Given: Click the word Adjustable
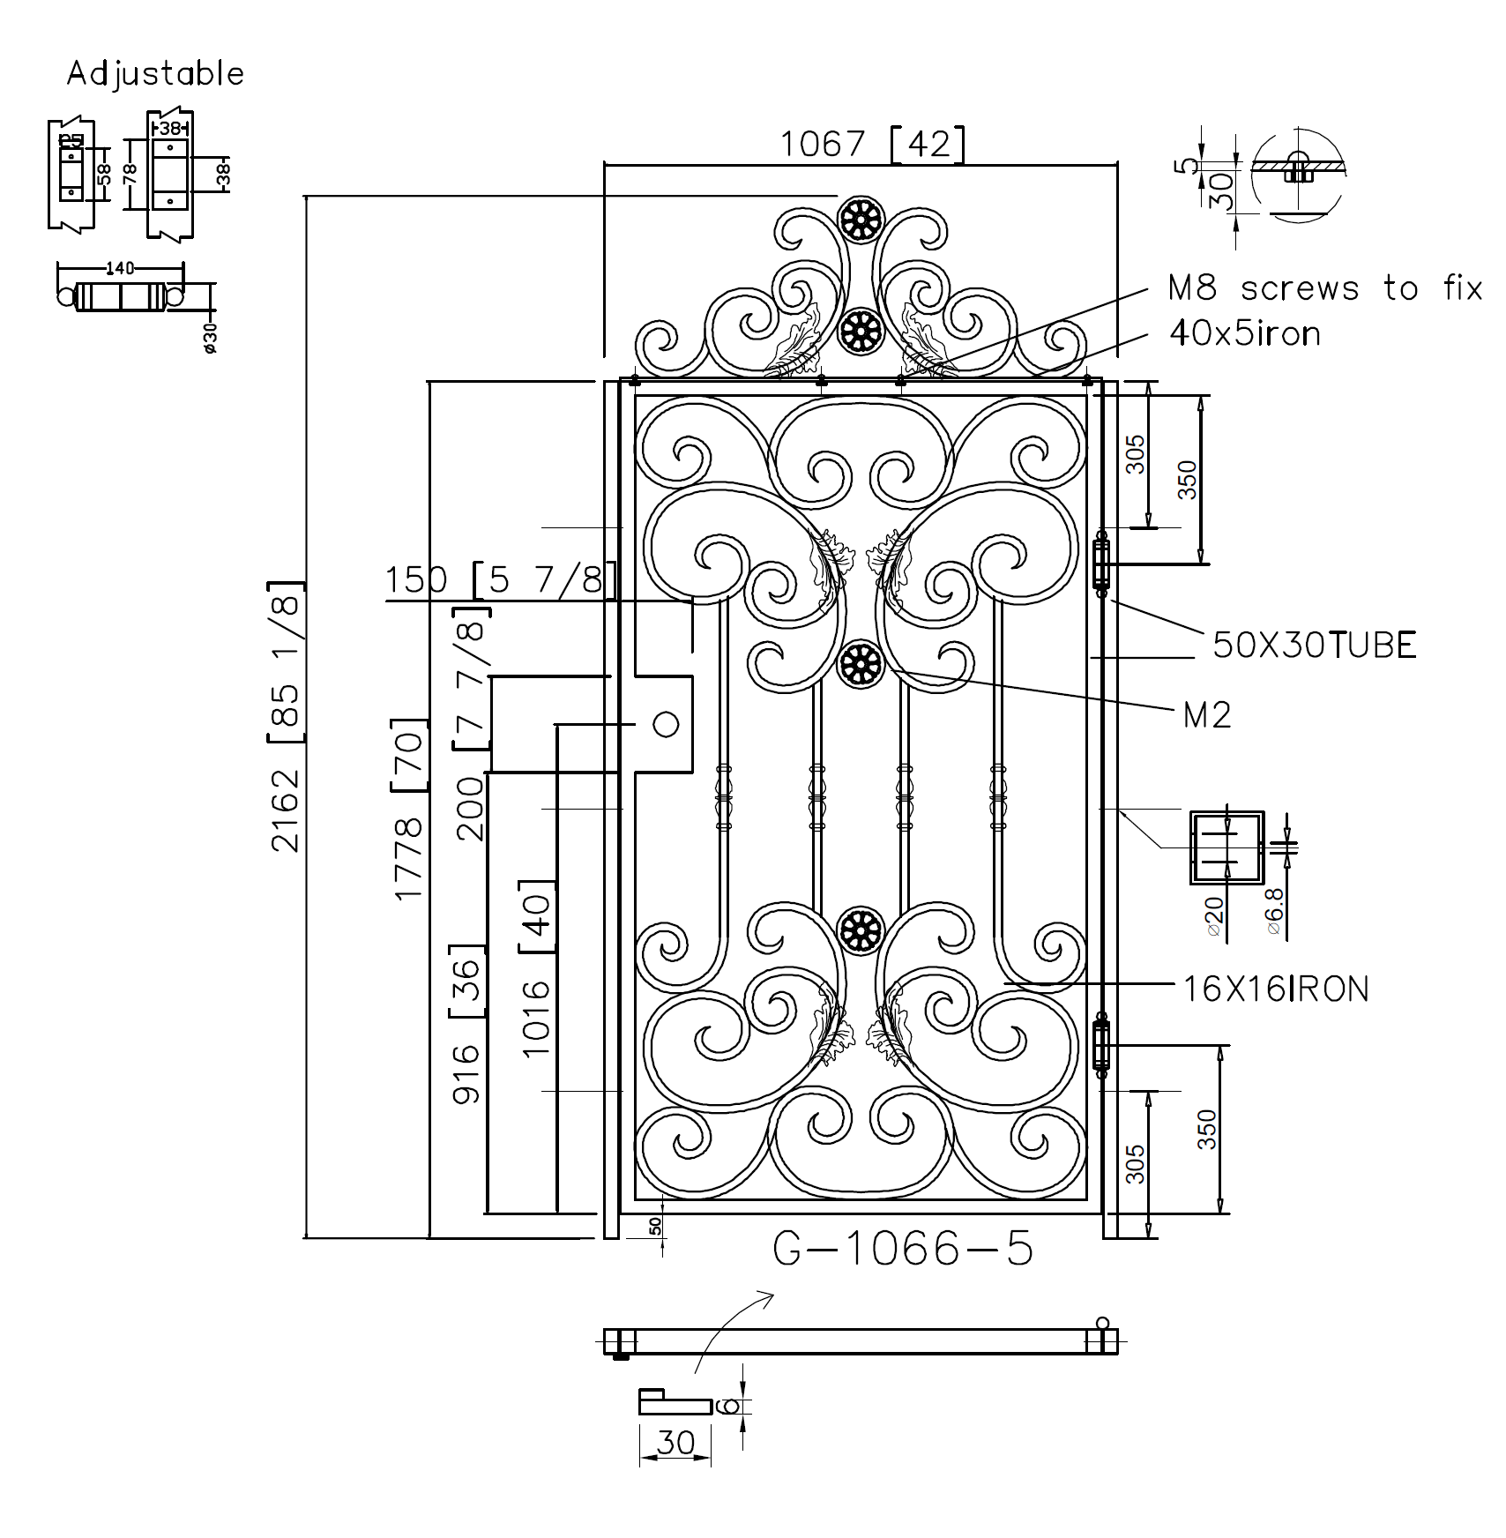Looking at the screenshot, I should click(155, 73).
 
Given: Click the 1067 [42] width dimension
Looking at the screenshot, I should click(871, 144).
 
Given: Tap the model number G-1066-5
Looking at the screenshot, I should click(903, 1249).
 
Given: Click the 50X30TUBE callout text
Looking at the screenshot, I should click(1315, 646).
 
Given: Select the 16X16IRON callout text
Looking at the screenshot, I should click(1276, 989).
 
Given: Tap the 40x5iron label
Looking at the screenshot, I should click(1244, 333).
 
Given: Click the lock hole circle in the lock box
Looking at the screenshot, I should click(666, 724).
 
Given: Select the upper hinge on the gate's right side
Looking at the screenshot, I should click(1100, 564).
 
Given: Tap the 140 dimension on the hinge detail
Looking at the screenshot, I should click(119, 268).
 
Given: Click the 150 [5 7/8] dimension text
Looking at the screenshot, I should click(499, 580).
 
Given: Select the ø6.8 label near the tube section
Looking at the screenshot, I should click(1275, 911).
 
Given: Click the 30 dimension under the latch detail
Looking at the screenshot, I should click(675, 1443).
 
